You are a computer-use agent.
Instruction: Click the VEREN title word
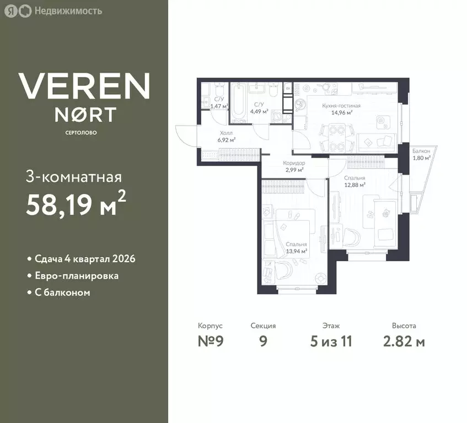click(84, 86)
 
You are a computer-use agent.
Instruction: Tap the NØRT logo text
click(85, 115)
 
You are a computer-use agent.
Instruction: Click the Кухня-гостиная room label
click(341, 106)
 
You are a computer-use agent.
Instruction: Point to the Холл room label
click(227, 133)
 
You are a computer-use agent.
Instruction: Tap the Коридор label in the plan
click(294, 163)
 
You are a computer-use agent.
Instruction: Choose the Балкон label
click(421, 151)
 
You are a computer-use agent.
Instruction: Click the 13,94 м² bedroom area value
click(296, 251)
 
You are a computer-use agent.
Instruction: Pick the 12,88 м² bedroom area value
click(355, 185)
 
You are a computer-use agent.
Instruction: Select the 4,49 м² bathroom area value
click(259, 112)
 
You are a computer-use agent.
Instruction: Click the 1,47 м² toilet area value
click(219, 106)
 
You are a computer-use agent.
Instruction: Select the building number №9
click(211, 341)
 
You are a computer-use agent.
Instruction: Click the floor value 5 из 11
click(331, 341)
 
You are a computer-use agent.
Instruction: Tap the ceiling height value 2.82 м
click(404, 341)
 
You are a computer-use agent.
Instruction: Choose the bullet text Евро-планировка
click(77, 276)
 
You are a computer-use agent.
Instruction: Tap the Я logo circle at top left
click(11, 12)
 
